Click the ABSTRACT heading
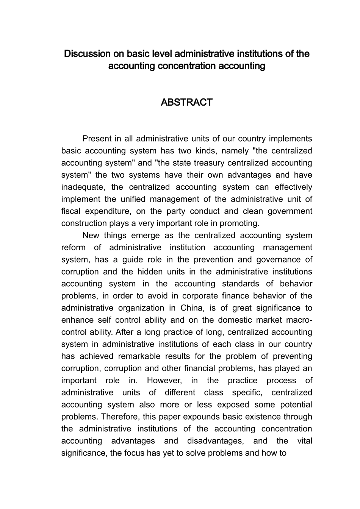pyautogui.click(x=186, y=103)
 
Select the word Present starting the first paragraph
pyautogui.click(x=97, y=139)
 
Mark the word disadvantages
pyautogui.click(x=216, y=441)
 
